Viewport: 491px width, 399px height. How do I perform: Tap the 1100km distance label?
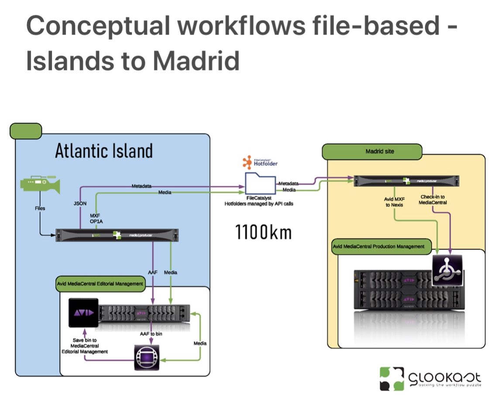pos(263,231)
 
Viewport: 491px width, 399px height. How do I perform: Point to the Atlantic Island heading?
pos(104,151)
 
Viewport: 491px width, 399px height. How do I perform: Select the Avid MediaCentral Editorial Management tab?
pos(100,284)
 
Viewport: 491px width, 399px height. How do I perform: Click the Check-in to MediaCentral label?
pos(433,200)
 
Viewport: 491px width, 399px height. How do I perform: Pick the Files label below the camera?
pos(40,208)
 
